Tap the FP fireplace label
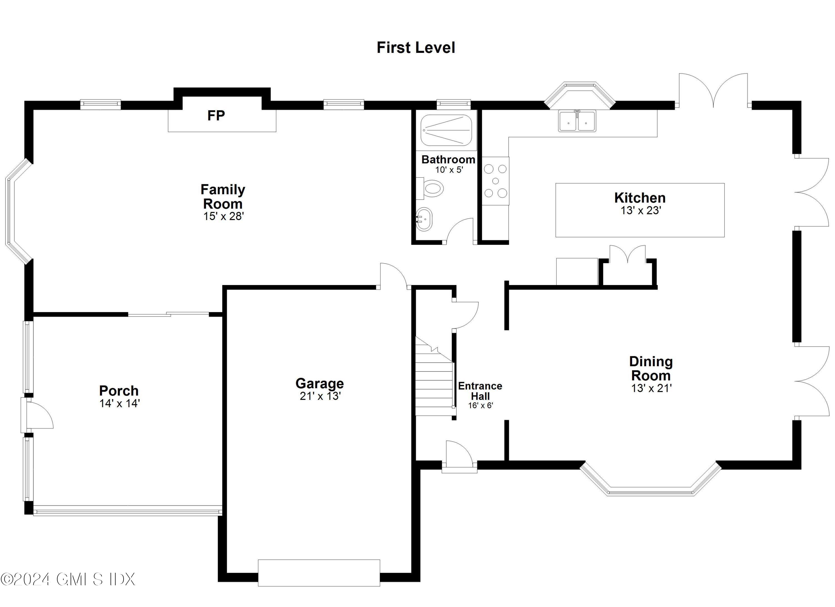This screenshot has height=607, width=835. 216,115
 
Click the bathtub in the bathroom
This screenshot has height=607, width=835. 446,130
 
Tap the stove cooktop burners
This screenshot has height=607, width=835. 495,181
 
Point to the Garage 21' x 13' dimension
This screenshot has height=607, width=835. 320,396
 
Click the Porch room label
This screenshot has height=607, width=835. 119,390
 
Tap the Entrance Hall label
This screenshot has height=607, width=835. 480,391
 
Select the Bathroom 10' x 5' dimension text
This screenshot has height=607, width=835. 449,170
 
